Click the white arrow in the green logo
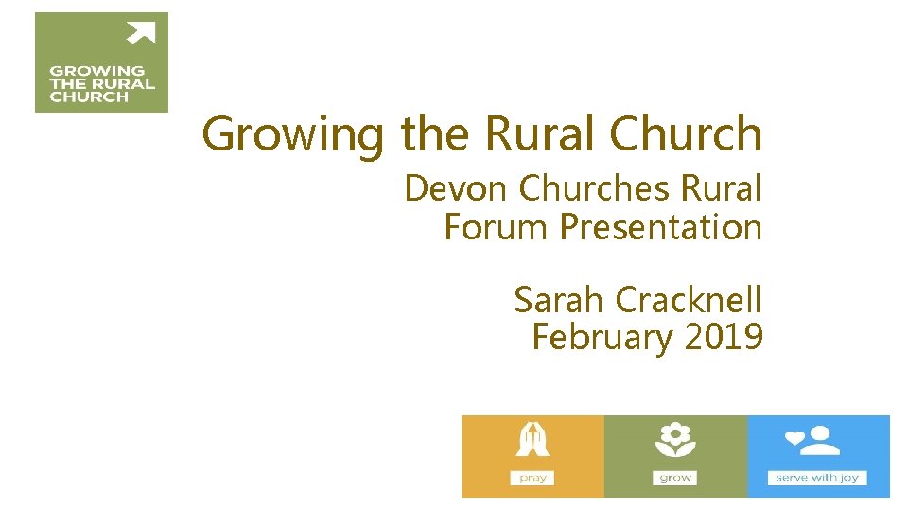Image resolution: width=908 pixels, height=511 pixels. pyautogui.click(x=142, y=33)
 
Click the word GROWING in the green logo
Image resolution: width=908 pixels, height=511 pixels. pyautogui.click(x=96, y=71)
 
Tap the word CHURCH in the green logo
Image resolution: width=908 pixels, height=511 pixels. pyautogui.click(x=89, y=96)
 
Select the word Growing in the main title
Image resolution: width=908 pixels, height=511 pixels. pyautogui.click(x=292, y=134)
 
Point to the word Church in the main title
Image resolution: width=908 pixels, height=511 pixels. pyautogui.click(x=686, y=133)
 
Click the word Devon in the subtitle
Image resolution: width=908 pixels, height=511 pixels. pyautogui.click(x=457, y=189)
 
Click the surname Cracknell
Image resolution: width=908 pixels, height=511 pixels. pyautogui.click(x=688, y=300)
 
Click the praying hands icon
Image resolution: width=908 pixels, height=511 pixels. pyautogui.click(x=533, y=441)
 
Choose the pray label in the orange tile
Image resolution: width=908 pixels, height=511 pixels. pyautogui.click(x=533, y=478)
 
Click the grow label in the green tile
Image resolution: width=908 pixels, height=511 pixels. pyautogui.click(x=675, y=478)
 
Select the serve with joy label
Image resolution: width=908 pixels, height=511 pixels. pyautogui.click(x=817, y=478)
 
